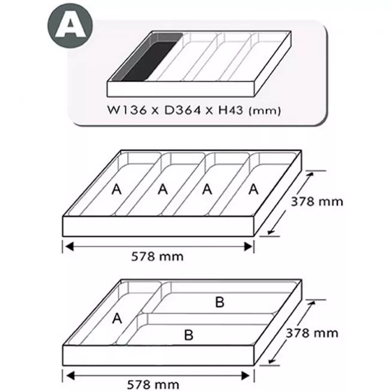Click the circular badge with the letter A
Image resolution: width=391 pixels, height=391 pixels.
[70, 25]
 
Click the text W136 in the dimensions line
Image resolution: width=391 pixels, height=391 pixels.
[126, 110]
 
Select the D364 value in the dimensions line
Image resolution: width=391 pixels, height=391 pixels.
[182, 110]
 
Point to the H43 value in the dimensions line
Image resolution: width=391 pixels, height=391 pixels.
[230, 110]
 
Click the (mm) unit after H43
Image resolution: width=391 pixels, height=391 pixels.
[265, 111]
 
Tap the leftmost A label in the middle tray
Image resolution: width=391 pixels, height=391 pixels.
[117, 189]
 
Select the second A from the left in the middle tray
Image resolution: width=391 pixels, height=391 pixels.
[163, 189]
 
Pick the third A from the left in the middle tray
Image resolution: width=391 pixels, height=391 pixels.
[207, 189]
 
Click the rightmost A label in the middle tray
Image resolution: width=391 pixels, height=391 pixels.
[254, 189]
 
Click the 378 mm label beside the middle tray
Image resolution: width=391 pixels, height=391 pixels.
[317, 202]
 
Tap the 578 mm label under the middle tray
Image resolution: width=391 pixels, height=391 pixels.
[158, 256]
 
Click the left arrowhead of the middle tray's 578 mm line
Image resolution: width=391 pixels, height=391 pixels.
[69, 247]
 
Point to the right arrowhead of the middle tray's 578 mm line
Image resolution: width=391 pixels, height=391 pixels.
[248, 247]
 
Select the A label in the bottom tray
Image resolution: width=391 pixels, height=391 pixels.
[117, 318]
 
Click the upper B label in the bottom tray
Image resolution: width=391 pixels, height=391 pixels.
[220, 302]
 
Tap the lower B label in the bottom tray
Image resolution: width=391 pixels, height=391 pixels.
[189, 335]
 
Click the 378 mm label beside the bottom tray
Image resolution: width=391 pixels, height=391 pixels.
[312, 333]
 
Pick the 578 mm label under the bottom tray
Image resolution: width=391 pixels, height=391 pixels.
[153, 385]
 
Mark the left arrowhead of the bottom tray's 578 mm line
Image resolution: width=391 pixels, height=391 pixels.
[70, 375]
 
